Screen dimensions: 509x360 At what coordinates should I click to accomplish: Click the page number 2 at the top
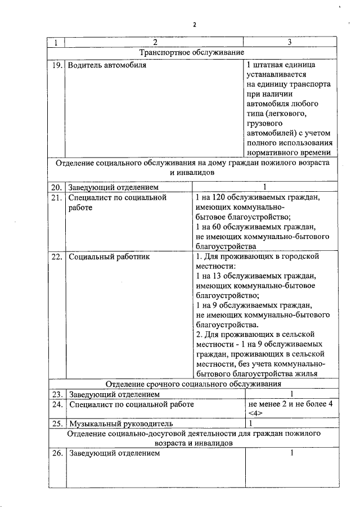pos(195,25)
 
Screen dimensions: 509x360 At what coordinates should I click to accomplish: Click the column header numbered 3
pos(289,42)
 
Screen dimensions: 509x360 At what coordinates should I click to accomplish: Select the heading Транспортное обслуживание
pos(191,52)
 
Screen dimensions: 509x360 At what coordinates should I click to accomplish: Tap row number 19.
pos(55,65)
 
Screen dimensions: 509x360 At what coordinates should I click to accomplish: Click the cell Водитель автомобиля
pos(107,65)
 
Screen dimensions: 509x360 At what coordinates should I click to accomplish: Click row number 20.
pos(55,187)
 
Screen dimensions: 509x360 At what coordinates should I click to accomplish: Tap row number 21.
pos(55,197)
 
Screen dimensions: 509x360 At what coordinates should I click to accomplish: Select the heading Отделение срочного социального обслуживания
pos(193,384)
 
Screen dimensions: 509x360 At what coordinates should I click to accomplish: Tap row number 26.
pos(55,453)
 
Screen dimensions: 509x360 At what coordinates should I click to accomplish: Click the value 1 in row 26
pos(291,453)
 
